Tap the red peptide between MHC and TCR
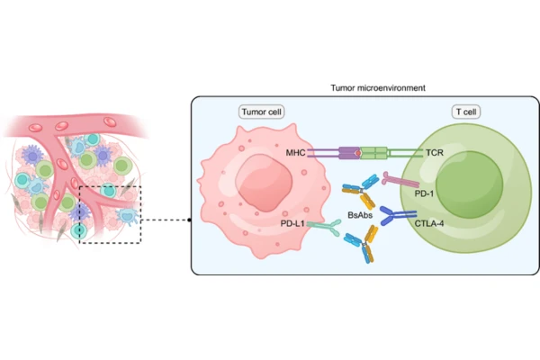(357, 154)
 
